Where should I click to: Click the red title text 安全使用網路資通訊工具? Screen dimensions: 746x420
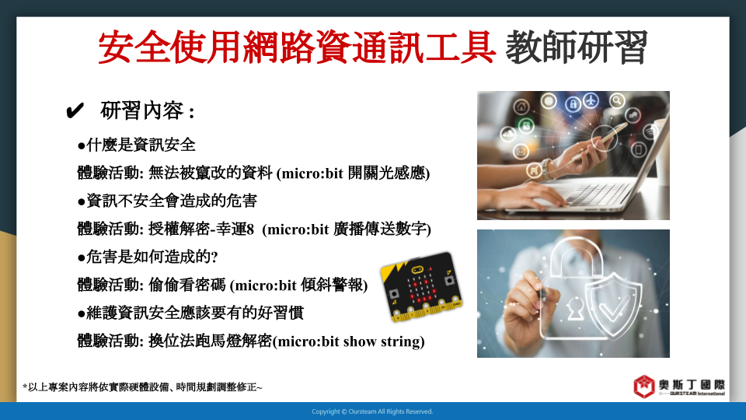coord(297,47)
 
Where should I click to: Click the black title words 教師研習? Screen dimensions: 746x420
coord(577,47)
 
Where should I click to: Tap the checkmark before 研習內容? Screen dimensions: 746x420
coord(75,111)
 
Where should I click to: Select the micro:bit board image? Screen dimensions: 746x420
coord(421,287)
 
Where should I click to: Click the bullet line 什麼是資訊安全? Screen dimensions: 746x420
coord(136,145)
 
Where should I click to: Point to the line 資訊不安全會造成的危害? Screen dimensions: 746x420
coord(167,201)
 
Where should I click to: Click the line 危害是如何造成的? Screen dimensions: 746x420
coord(148,257)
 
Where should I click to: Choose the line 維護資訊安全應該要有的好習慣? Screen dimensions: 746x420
coord(190,313)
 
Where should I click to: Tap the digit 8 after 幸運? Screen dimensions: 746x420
coord(249,229)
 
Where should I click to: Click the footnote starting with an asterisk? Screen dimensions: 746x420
coord(142,387)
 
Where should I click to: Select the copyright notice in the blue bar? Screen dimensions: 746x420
coord(372,411)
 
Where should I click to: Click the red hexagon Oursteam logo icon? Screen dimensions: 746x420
coord(644,387)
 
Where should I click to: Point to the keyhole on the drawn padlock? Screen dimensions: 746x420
coord(575,309)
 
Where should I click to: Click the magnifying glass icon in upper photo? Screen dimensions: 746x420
coord(617,100)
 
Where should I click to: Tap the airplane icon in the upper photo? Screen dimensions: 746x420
coord(591,100)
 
